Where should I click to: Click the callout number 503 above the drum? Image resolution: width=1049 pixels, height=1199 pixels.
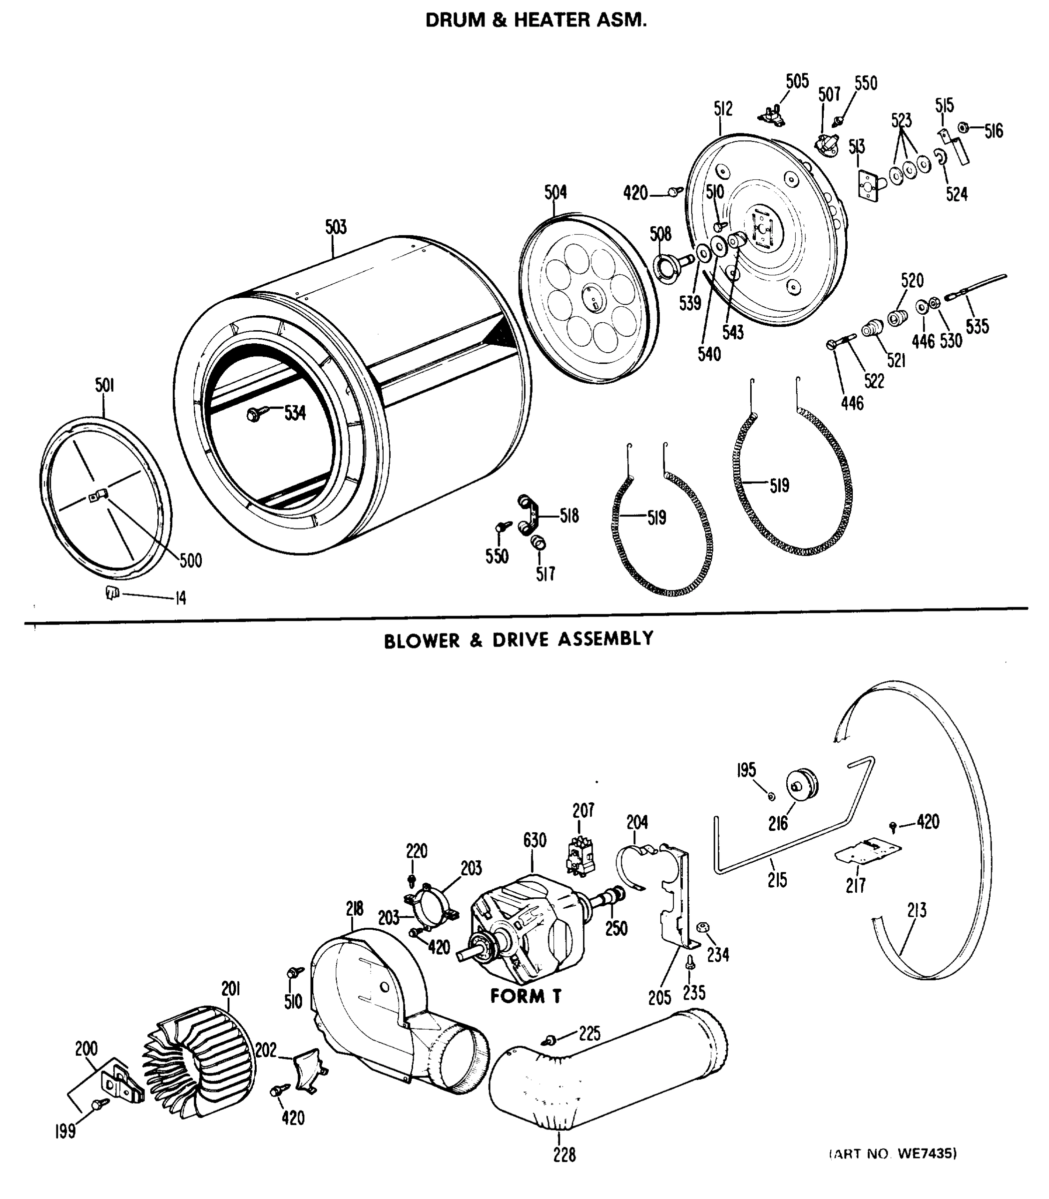(x=336, y=227)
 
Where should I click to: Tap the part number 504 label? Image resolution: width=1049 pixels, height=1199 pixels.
(x=555, y=192)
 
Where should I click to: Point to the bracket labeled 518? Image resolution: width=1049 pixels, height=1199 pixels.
(x=530, y=515)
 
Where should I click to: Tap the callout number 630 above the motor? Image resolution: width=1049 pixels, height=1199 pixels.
(x=534, y=840)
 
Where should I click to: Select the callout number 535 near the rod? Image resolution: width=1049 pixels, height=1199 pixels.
(x=977, y=326)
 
